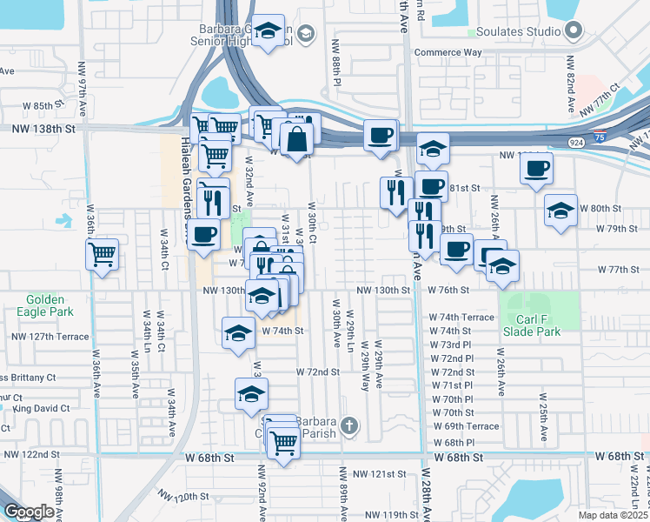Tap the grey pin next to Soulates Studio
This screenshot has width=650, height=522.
point(573,32)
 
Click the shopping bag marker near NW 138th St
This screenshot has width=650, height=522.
point(296,138)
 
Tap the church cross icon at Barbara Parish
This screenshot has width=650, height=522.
point(348,426)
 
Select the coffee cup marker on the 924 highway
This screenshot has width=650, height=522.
point(380,136)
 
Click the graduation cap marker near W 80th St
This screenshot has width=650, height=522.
point(560,210)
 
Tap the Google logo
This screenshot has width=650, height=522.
point(28,512)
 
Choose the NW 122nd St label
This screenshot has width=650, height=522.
point(31,454)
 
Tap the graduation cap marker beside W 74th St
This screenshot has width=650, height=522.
point(239,333)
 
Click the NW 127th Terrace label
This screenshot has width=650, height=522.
point(50,336)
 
